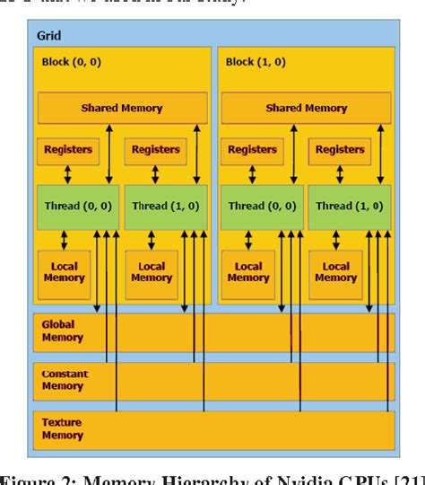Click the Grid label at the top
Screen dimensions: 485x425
coord(49,36)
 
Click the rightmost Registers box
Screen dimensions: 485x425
coord(339,151)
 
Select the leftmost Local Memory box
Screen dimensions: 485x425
coord(64,272)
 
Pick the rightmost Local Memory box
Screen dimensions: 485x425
coord(335,272)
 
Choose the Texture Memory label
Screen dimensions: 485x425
coord(62,428)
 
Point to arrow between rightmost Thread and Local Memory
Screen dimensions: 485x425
coord(334,240)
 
